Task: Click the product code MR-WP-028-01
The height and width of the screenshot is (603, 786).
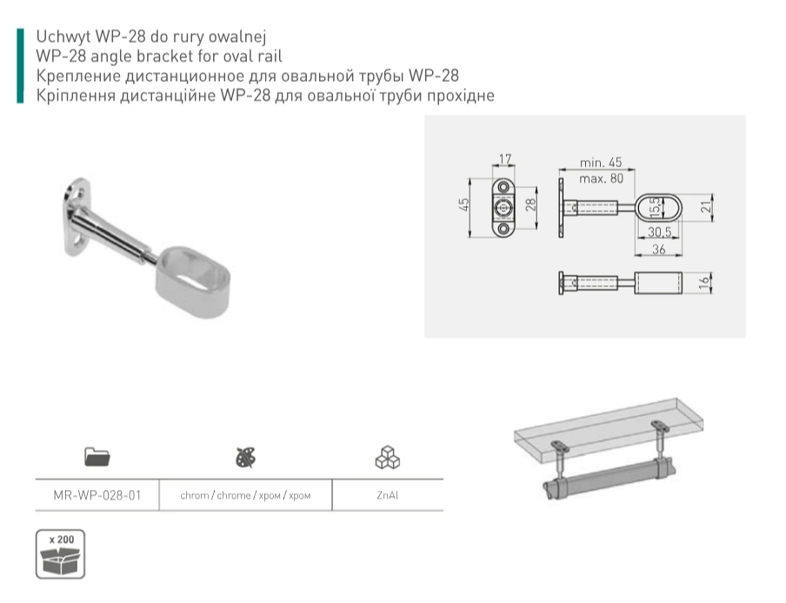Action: point(97,495)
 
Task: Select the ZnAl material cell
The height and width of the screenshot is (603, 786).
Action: point(388,495)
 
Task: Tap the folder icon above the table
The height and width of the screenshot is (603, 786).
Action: point(97,457)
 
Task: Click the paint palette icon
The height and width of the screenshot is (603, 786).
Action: point(245,457)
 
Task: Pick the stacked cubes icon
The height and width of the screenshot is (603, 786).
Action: point(388,457)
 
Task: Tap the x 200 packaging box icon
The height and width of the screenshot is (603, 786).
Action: point(60,553)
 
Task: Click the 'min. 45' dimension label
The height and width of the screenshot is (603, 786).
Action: point(601,163)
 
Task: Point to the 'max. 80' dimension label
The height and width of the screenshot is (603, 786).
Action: point(601,178)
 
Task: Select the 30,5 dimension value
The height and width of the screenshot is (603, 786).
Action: point(659,231)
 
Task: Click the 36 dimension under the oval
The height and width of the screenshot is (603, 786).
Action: point(659,249)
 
